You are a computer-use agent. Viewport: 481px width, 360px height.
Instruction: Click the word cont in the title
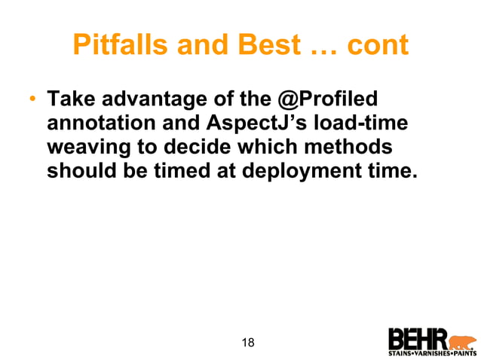[x=377, y=47]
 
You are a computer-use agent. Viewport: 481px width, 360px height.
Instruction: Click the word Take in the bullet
[x=69, y=99]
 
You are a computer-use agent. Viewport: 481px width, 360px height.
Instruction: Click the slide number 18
[x=247, y=343]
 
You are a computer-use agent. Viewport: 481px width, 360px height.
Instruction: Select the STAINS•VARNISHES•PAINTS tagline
[x=432, y=352]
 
